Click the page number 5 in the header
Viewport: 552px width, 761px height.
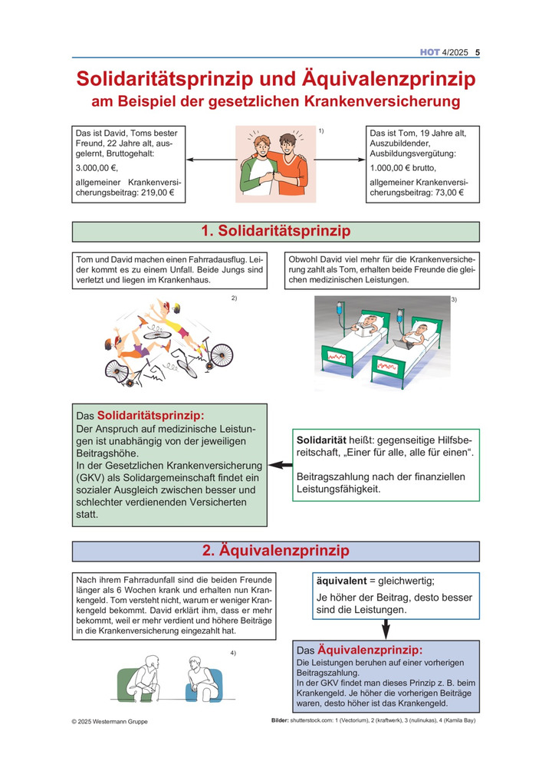click(x=478, y=52)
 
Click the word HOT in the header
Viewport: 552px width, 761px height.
click(x=430, y=52)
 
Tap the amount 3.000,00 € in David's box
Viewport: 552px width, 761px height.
click(x=97, y=168)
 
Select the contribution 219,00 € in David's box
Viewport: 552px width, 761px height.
click(x=157, y=193)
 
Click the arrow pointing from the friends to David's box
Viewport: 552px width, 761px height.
click(x=212, y=160)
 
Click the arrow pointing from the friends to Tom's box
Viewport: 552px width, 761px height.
click(x=340, y=160)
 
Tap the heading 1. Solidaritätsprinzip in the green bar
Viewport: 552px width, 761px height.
click(x=275, y=231)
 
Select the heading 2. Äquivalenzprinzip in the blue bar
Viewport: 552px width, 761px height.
click(x=275, y=550)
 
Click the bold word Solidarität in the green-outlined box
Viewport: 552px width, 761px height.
click(x=321, y=440)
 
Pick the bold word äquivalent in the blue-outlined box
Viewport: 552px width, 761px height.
click(x=341, y=581)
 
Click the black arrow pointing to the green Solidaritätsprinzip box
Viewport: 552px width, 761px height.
click(x=281, y=465)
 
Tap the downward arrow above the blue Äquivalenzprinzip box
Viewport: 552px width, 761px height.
click(x=386, y=630)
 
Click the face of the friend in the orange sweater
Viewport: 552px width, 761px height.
click(x=287, y=144)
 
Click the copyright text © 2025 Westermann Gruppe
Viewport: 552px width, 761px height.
click(x=110, y=721)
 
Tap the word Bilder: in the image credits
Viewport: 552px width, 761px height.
click(x=280, y=720)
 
